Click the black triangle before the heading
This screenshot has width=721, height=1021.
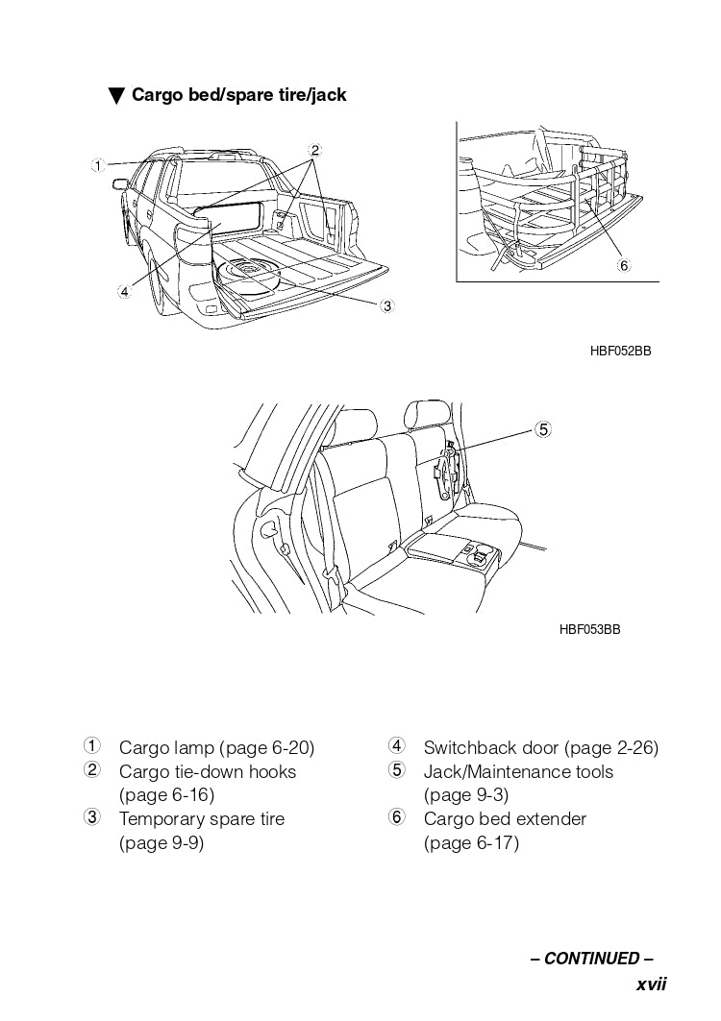click(x=117, y=96)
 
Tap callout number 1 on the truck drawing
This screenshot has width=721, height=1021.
click(x=97, y=165)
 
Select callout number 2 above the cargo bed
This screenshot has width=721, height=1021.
click(x=314, y=150)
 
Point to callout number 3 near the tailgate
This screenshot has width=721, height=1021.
click(x=386, y=306)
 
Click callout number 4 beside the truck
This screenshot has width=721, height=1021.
click(x=124, y=292)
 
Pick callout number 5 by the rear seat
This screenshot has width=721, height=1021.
click(x=543, y=429)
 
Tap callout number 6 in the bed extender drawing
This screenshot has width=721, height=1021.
click(x=623, y=265)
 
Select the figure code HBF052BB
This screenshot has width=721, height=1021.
click(x=620, y=352)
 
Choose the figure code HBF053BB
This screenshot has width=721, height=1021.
click(x=589, y=630)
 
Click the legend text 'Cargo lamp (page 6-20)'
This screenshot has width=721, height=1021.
click(x=216, y=748)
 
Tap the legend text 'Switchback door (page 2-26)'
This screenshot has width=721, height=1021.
click(x=540, y=748)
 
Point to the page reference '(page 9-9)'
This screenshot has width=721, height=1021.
click(x=162, y=843)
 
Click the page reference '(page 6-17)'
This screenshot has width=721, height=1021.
click(x=471, y=843)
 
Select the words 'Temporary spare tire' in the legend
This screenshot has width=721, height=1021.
click(x=202, y=819)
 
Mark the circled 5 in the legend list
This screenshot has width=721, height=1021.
click(x=397, y=770)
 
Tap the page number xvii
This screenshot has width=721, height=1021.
click(x=651, y=985)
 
